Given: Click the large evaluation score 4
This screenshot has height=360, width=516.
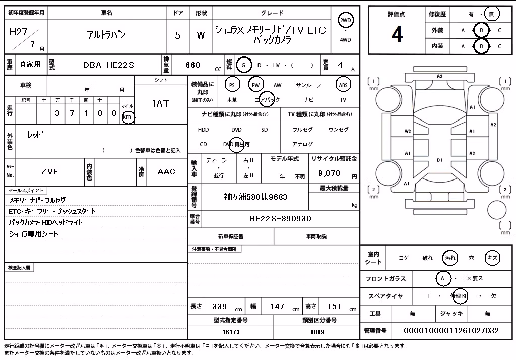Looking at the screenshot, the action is pyautogui.click(x=397, y=34).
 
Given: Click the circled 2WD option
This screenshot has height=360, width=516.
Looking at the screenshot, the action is pyautogui.click(x=345, y=21).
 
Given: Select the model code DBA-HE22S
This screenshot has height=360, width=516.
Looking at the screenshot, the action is pyautogui.click(x=109, y=65).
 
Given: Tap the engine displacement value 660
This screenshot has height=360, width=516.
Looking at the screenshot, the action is pyautogui.click(x=193, y=65).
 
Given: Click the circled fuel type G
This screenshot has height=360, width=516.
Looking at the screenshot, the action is pyautogui.click(x=243, y=65).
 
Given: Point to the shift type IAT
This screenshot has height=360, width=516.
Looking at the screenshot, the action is pyautogui.click(x=161, y=104).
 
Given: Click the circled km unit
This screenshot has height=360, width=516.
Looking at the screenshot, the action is pyautogui.click(x=127, y=117).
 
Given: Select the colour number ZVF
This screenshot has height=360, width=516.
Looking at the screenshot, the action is pyautogui.click(x=50, y=171).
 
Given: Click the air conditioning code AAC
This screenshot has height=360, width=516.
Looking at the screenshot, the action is pyautogui.click(x=166, y=171).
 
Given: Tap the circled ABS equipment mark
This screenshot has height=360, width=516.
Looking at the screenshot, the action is pyautogui.click(x=343, y=85).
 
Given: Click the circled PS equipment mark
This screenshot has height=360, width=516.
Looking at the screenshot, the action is pyautogui.click(x=232, y=85).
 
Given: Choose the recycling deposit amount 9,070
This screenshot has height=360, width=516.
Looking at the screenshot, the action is pyautogui.click(x=330, y=173).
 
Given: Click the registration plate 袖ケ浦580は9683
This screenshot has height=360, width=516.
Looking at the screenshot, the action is pyautogui.click(x=255, y=197).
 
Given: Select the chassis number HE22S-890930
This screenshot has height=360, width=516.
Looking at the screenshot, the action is pyautogui.click(x=280, y=219).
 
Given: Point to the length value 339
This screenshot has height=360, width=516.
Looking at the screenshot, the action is pyautogui.click(x=219, y=307).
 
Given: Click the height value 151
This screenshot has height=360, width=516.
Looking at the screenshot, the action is pyautogui.click(x=335, y=307).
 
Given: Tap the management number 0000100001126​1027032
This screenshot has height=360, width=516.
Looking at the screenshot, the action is pyautogui.click(x=451, y=331).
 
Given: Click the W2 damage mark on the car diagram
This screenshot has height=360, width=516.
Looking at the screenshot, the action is pyautogui.click(x=408, y=131).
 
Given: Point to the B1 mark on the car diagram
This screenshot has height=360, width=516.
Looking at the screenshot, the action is pyautogui.click(x=439, y=160).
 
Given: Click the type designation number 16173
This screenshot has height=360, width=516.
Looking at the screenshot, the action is pyautogui.click(x=231, y=332).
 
